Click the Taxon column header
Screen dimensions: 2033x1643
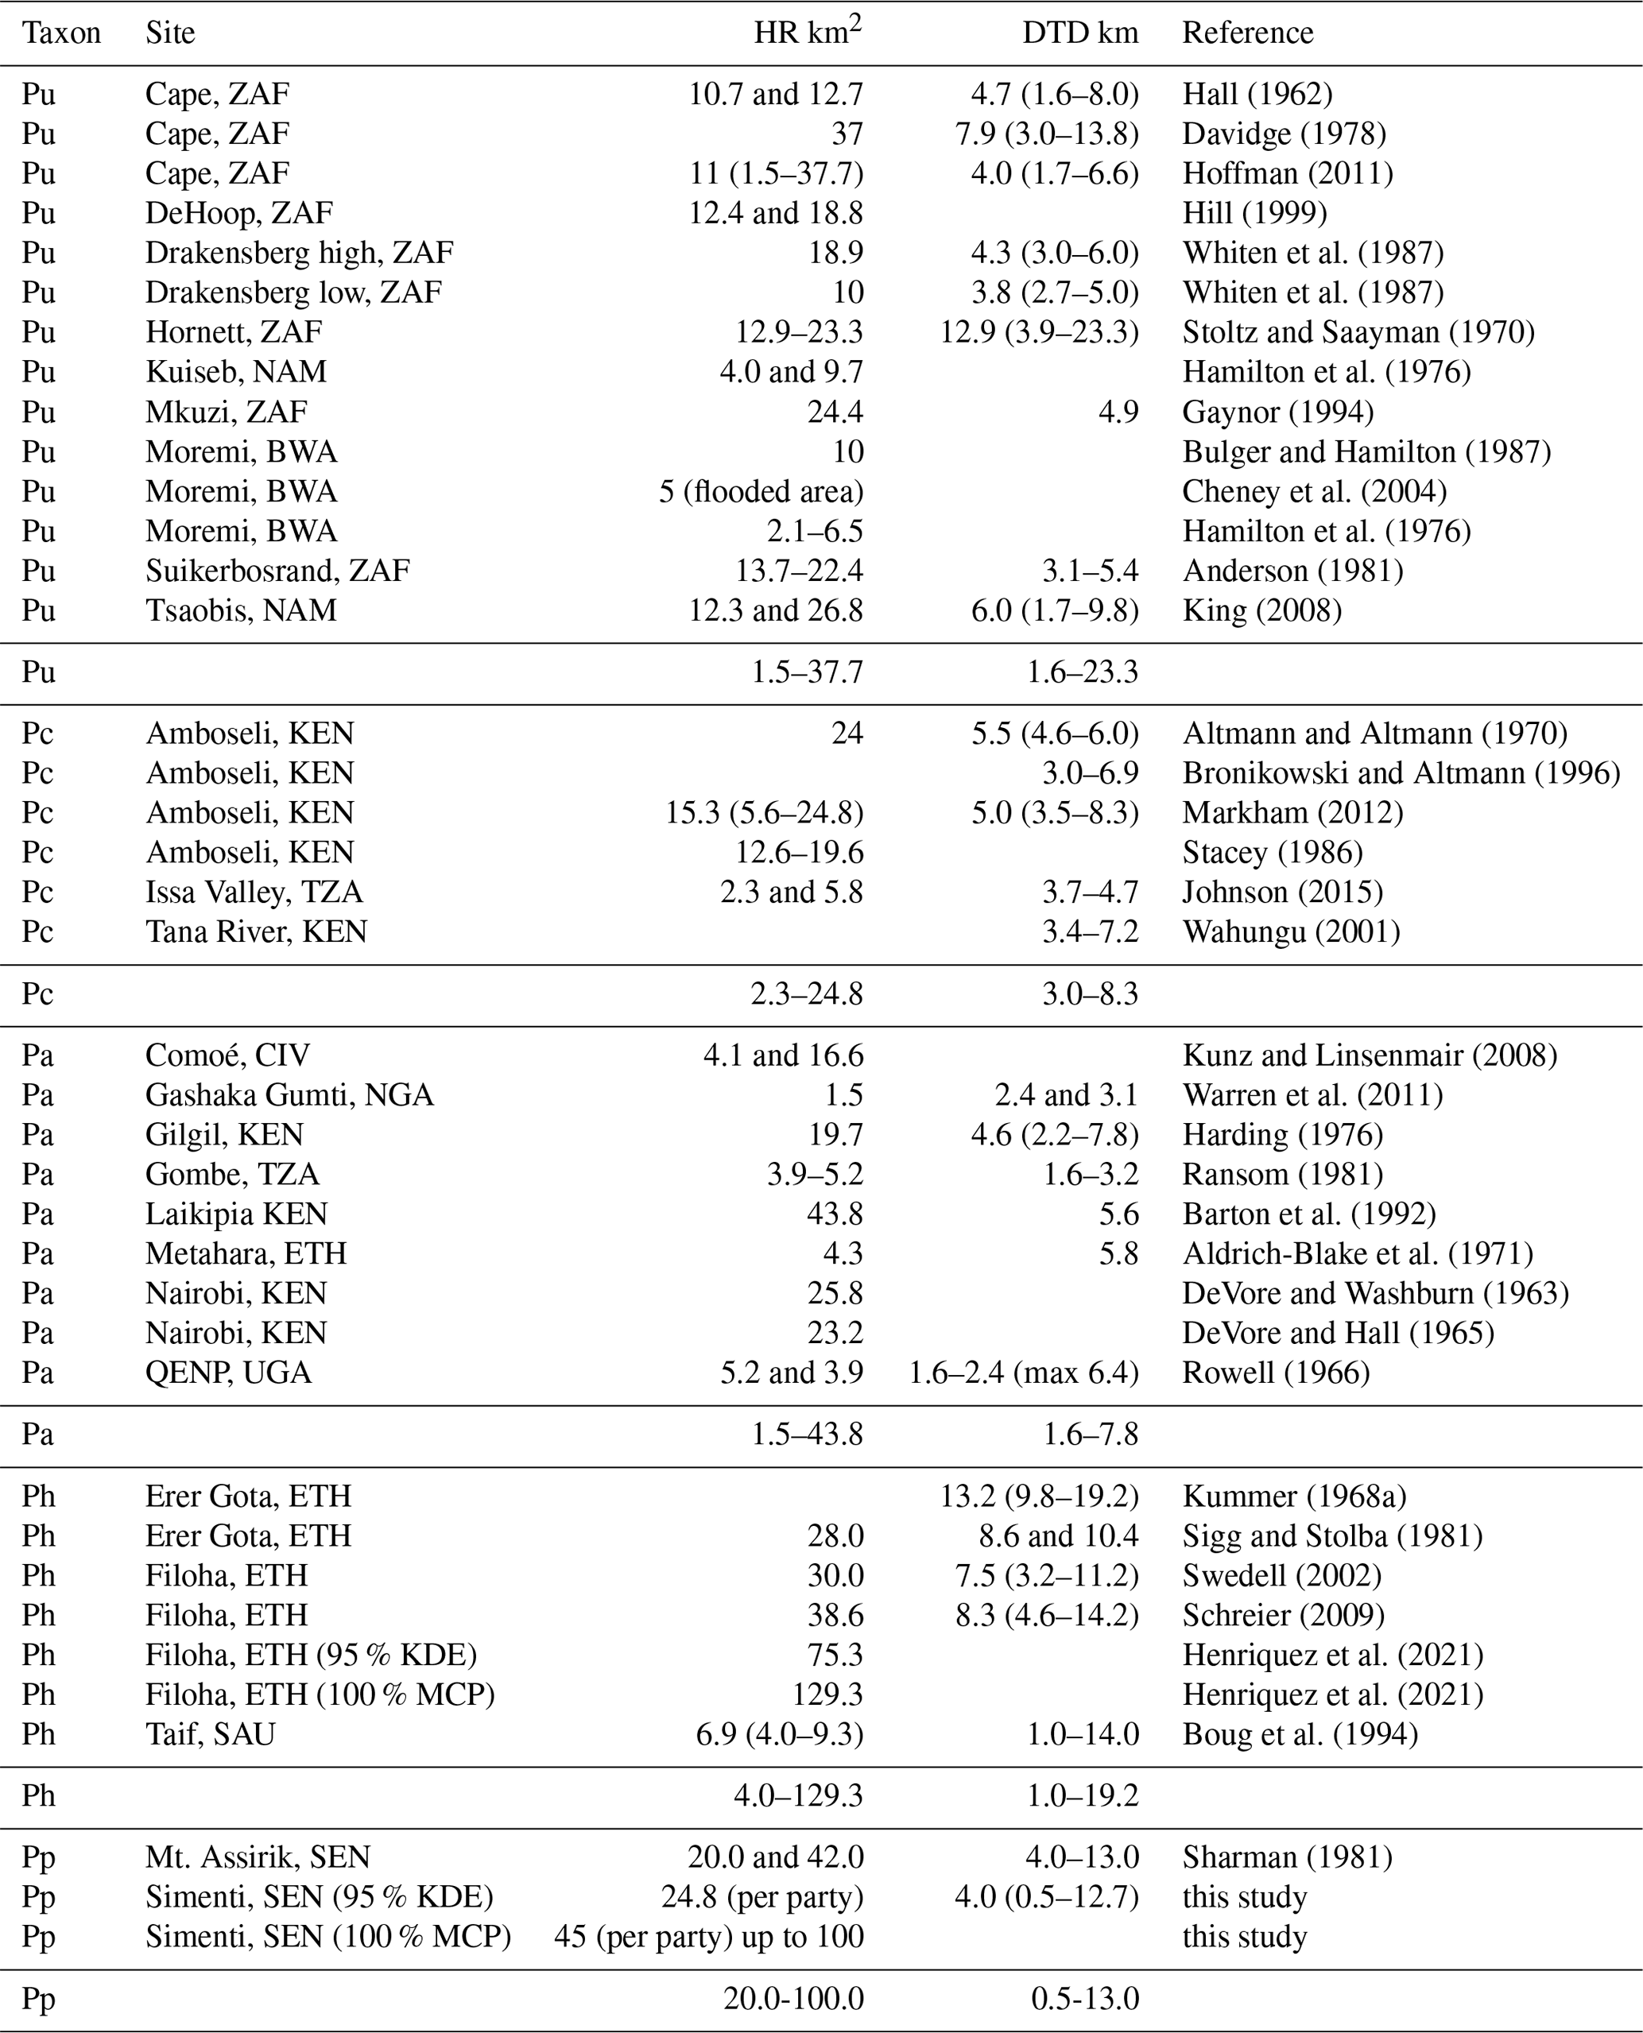pos(61,33)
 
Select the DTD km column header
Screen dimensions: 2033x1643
pos(1080,33)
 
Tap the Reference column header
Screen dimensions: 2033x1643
pos(1247,33)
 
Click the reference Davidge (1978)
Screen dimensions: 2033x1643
pos(1284,134)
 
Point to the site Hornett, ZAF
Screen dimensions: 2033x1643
pos(234,332)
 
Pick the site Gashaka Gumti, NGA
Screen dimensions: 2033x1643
pos(289,1095)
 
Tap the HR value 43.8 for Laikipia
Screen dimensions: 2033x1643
pos(835,1214)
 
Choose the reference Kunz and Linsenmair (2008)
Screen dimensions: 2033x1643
pos(1370,1055)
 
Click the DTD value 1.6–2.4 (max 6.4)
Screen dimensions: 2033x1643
pos(1023,1373)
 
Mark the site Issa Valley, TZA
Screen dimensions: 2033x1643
pos(254,893)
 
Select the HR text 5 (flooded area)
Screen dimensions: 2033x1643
pos(761,492)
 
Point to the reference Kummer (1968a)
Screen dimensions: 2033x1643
pos(1294,1497)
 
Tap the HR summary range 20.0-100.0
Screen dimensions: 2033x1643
pos(793,1999)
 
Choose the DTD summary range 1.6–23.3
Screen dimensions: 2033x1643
pos(1082,673)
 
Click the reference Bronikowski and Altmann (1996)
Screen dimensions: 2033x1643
pos(1401,773)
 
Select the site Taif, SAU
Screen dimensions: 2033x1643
pos(210,1735)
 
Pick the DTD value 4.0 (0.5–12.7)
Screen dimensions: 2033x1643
pos(1046,1898)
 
